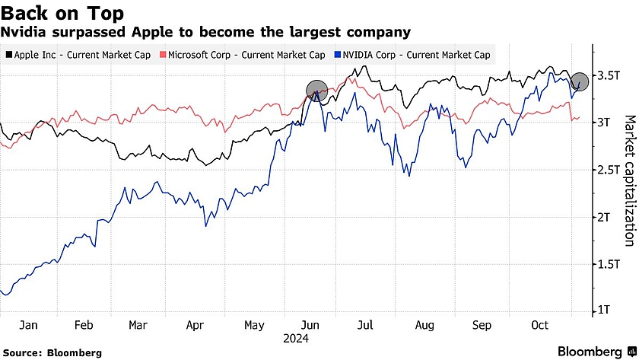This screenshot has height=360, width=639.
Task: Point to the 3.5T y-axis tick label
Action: pos(606,75)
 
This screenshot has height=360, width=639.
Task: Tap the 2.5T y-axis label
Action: pos(606,170)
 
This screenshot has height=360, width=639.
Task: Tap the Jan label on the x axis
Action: pos(28,325)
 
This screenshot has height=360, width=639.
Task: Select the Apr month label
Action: pos(196,325)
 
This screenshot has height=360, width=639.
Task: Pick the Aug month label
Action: pos(424,325)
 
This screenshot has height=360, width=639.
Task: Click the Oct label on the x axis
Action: pos(539,325)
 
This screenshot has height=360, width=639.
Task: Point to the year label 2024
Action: pos(295,337)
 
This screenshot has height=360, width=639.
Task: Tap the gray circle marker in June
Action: pos(317,91)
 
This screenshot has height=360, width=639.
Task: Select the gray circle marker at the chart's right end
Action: pos(580,82)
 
